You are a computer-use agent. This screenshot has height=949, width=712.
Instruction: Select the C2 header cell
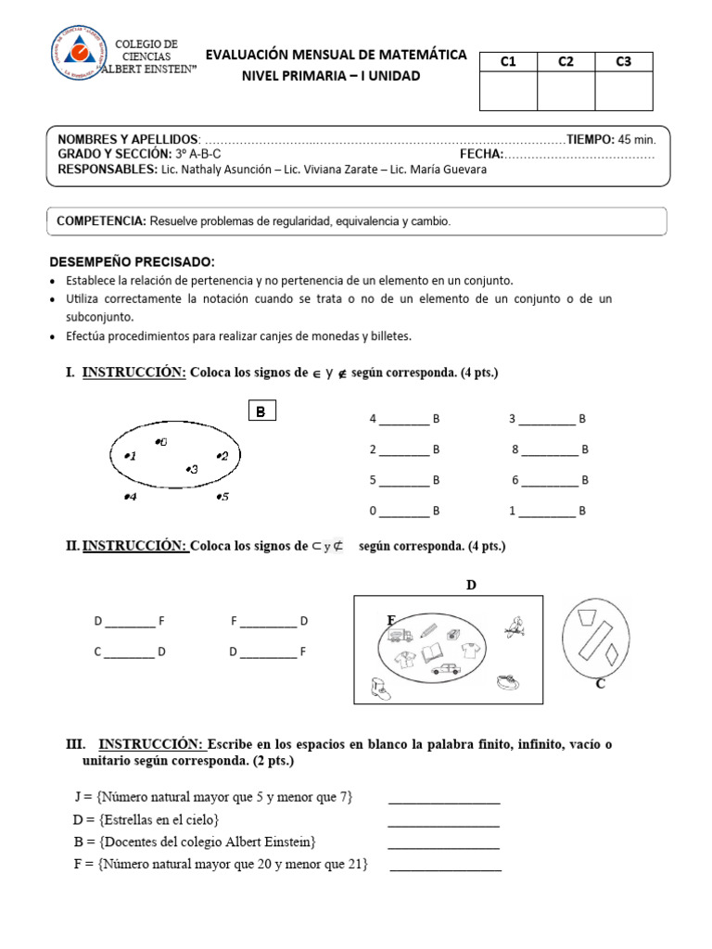click(566, 62)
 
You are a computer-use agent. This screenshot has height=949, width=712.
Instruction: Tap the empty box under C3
click(623, 91)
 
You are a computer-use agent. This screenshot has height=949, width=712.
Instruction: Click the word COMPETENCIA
click(101, 221)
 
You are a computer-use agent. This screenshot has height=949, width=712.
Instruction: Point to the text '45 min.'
click(637, 139)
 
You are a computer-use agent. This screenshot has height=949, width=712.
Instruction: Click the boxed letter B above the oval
click(261, 411)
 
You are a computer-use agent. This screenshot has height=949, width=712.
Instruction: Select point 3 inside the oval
click(192, 469)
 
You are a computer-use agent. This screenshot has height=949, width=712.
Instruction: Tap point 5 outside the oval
click(222, 497)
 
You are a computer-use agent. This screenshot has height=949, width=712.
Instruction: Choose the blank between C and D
click(130, 652)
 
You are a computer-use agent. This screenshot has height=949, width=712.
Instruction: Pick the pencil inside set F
click(428, 630)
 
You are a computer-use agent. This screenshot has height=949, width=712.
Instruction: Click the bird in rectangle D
click(515, 626)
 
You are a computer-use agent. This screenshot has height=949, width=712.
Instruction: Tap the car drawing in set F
click(446, 669)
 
